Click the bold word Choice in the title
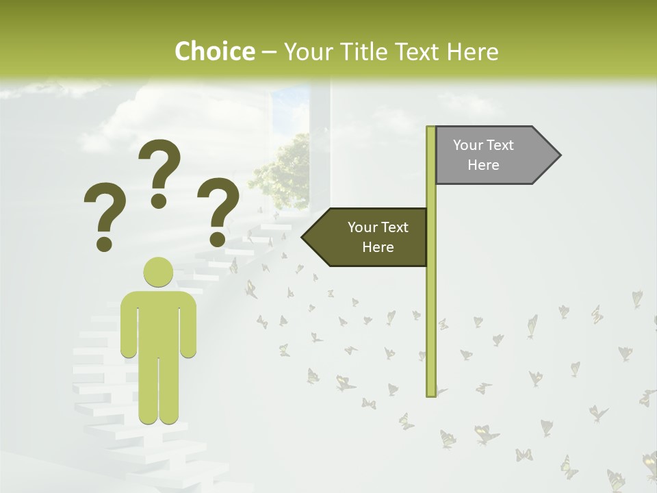click(214, 51)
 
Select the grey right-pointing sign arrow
click(489, 155)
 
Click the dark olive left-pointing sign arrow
click(370, 237)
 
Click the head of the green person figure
click(158, 272)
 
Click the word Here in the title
click(472, 51)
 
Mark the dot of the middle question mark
click(159, 201)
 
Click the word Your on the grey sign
click(468, 145)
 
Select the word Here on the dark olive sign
click(378, 247)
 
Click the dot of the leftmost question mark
click(104, 243)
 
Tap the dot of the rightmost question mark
click(218, 239)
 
